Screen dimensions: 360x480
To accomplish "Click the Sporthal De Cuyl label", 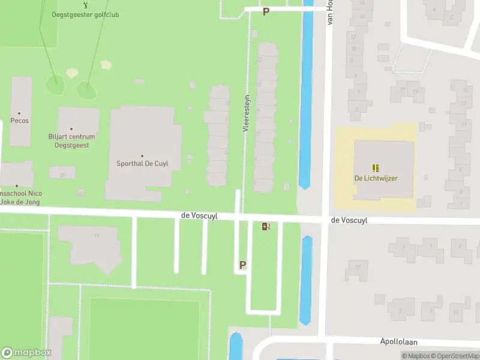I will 142,163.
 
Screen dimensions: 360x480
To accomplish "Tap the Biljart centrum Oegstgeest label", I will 71,140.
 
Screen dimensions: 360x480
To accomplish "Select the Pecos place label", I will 19,121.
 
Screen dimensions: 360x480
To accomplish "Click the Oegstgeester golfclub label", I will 85,14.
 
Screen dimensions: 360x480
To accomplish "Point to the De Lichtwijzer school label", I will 376,178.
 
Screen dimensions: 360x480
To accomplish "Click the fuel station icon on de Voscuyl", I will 266,226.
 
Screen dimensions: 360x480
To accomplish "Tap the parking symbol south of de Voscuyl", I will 243,264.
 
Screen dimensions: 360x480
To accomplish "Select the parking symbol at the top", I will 266,11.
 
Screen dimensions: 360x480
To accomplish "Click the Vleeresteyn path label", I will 246,113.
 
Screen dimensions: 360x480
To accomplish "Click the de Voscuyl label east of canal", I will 349,220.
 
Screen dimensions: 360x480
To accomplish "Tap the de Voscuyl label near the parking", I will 199,215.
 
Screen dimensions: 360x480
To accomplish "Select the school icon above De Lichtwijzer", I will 376,168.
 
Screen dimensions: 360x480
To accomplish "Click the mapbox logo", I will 26,353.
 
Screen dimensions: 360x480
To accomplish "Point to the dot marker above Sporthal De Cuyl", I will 142,155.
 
